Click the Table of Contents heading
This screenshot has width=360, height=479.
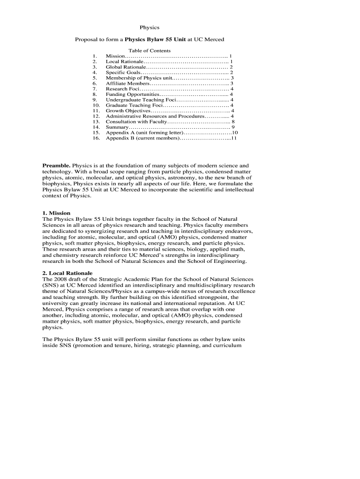[150, 51]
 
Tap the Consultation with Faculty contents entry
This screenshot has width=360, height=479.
[136, 122]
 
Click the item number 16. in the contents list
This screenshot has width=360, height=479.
[96, 138]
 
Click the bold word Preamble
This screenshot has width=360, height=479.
[56, 166]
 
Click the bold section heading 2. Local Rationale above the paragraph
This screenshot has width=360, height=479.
[67, 273]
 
